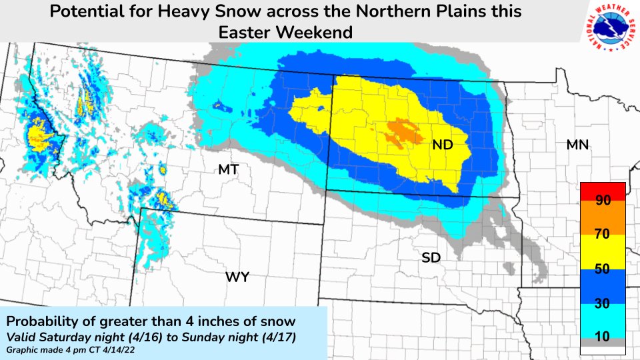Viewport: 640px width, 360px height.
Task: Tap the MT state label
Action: pos(229,171)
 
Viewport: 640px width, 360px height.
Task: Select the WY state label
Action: pos(237,277)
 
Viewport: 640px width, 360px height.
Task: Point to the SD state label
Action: pos(431,257)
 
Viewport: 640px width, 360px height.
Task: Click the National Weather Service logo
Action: pos(609,28)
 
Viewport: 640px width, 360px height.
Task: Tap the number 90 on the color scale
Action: pos(603,201)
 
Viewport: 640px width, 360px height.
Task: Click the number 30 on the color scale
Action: pos(603,303)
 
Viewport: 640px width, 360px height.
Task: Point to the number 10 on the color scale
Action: pos(603,337)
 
